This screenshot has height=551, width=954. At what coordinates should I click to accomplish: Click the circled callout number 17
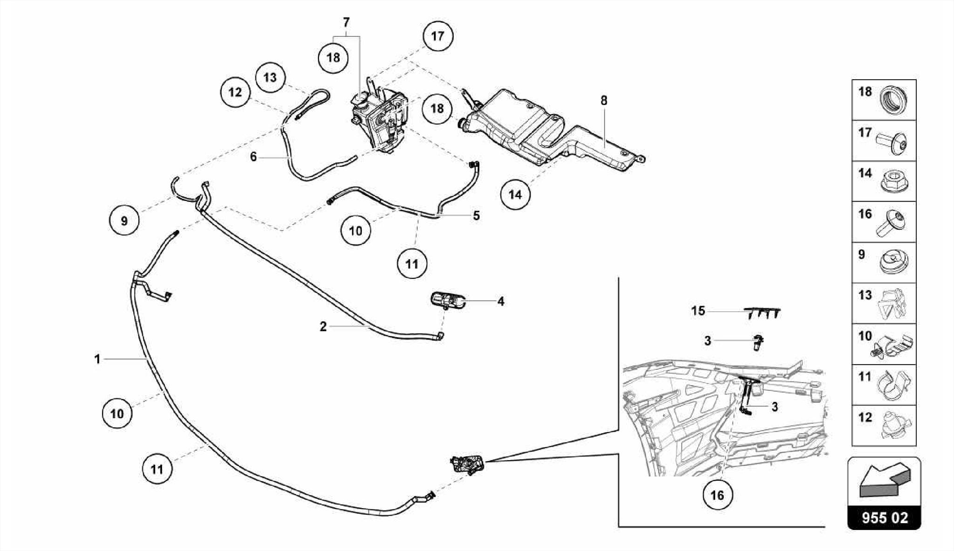pyautogui.click(x=437, y=36)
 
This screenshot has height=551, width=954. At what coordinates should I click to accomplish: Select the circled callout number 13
pyautogui.click(x=270, y=77)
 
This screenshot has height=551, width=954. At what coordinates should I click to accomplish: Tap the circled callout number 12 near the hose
pyautogui.click(x=235, y=92)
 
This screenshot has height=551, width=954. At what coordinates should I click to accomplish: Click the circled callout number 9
pyautogui.click(x=124, y=221)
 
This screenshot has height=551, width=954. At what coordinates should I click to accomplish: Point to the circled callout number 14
pyautogui.click(x=515, y=195)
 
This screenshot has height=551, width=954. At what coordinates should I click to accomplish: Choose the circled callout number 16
pyautogui.click(x=717, y=495)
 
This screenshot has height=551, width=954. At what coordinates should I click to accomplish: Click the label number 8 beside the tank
pyautogui.click(x=604, y=101)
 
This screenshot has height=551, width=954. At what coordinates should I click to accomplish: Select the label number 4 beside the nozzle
pyautogui.click(x=501, y=301)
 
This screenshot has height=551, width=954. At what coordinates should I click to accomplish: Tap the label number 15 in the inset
pyautogui.click(x=698, y=311)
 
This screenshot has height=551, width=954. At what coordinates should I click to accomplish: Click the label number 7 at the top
pyautogui.click(x=346, y=22)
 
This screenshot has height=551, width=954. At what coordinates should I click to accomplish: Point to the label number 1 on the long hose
pyautogui.click(x=97, y=359)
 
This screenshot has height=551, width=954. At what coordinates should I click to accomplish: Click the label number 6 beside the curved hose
pyautogui.click(x=253, y=157)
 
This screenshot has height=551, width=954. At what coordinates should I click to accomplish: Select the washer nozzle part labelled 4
pyautogui.click(x=448, y=299)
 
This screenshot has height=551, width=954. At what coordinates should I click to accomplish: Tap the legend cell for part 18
pyautogui.click(x=884, y=100)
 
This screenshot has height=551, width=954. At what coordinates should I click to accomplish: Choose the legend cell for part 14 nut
pyautogui.click(x=884, y=182)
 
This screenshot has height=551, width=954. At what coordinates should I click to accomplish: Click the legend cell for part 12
pyautogui.click(x=884, y=426)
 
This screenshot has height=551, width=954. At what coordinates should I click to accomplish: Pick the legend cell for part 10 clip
pyautogui.click(x=884, y=344)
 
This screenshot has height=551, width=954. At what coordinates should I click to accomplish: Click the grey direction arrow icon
pyautogui.click(x=884, y=481)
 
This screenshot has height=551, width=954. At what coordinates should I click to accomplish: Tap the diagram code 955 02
pyautogui.click(x=884, y=518)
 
